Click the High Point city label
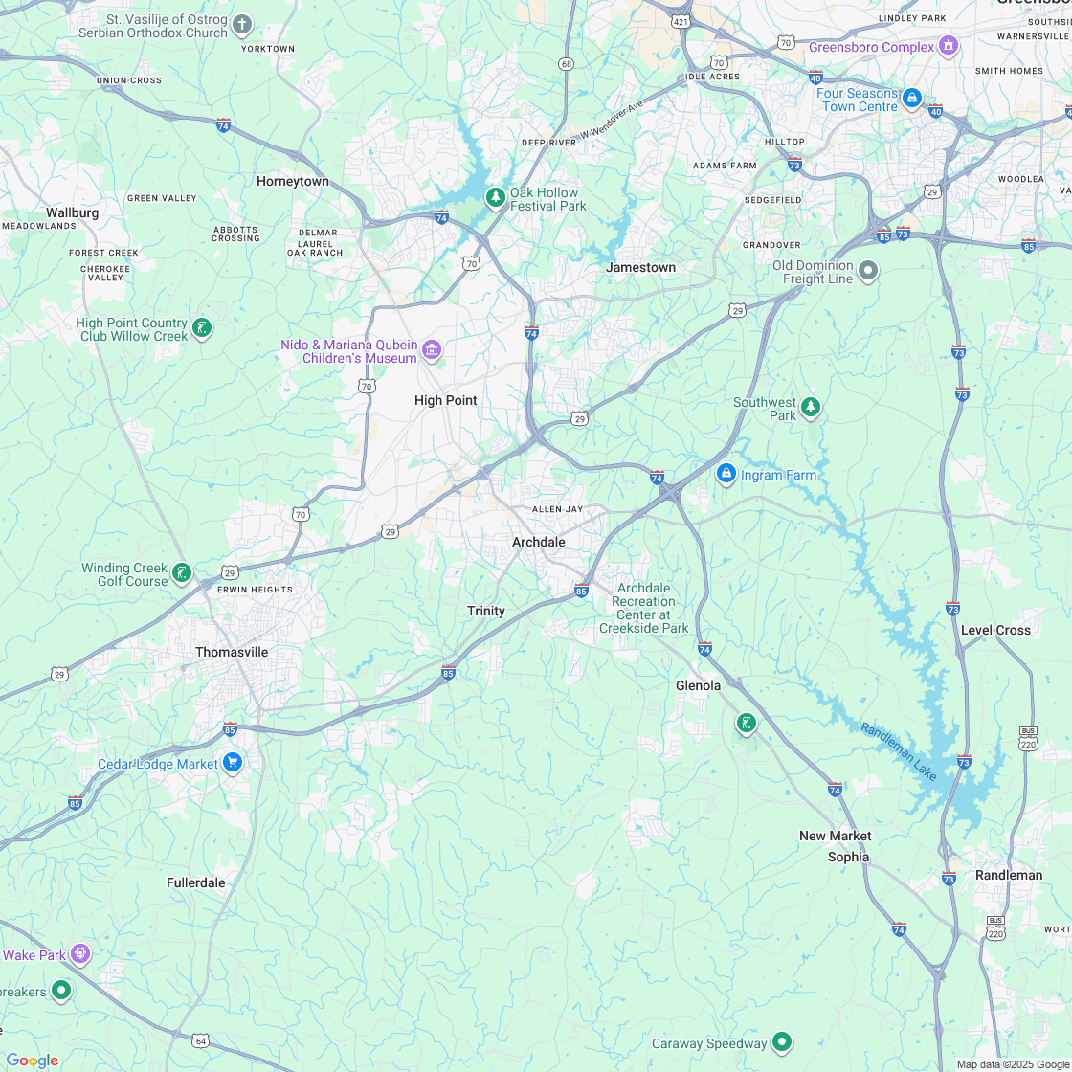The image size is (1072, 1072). pos(445,400)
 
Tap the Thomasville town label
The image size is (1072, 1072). pos(232,652)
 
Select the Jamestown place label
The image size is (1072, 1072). pos(640,268)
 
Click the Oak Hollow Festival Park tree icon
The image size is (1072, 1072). pos(495,198)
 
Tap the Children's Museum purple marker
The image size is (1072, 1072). pos(432,351)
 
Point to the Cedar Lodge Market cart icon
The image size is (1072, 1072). pos(233,763)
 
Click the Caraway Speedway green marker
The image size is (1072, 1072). pos(782,1042)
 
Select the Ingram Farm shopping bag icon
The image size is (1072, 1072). pos(726,474)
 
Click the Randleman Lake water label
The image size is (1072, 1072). pos(898,750)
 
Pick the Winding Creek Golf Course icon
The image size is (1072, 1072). pos(181,574)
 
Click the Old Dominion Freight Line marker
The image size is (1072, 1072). pos(868,272)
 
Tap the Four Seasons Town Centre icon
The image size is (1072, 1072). pos(912,99)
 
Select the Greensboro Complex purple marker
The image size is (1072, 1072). pos(949,46)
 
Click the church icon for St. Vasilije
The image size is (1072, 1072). pos(243,25)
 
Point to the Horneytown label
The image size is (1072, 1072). pos(292,181)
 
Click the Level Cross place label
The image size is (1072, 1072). pos(995,630)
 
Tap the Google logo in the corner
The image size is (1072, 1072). pos(32,1060)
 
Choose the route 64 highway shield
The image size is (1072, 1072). pos(200,1040)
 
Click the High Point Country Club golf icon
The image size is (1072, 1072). pos(202,329)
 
